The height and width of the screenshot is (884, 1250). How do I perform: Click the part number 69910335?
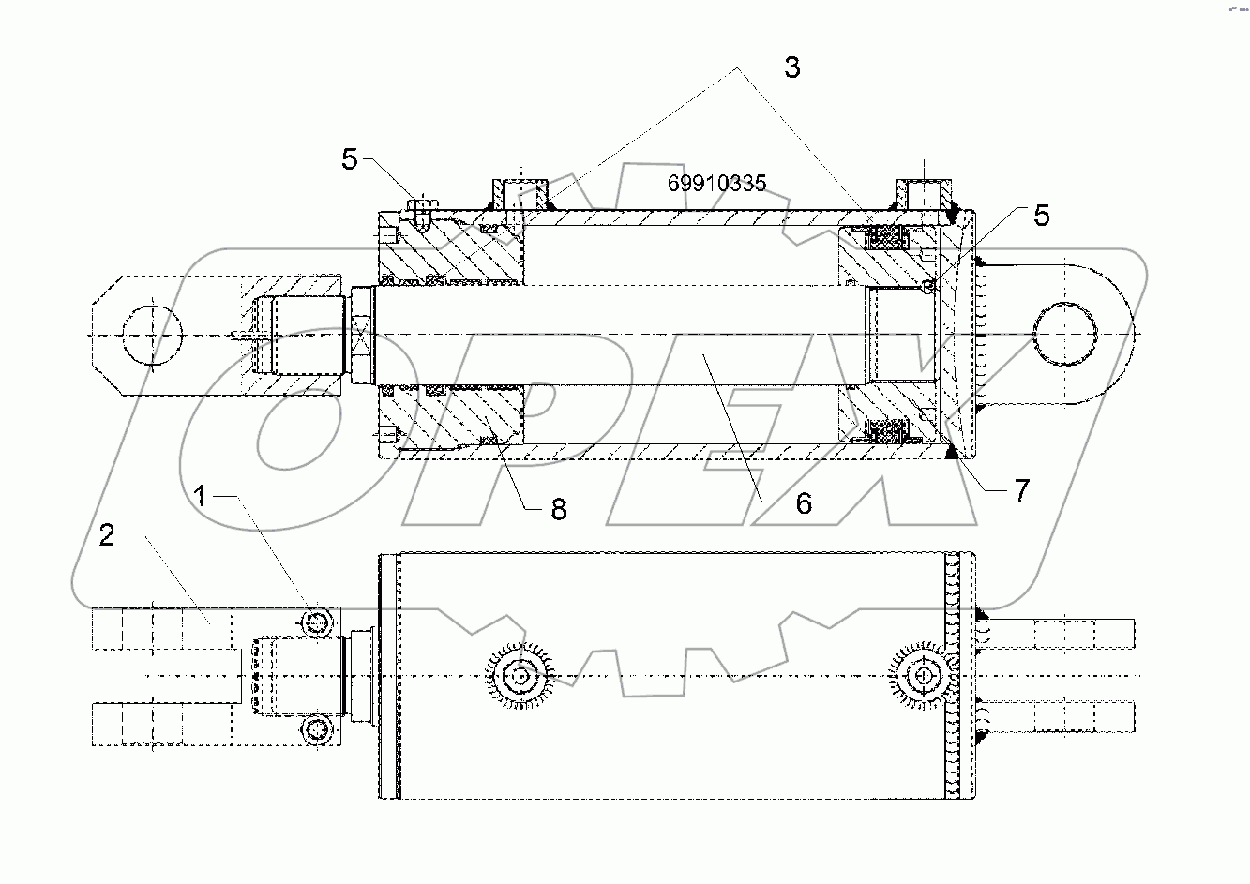pos(716,183)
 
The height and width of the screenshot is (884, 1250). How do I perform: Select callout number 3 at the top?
pos(792,67)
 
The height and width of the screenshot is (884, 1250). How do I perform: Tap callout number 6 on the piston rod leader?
pos(803,503)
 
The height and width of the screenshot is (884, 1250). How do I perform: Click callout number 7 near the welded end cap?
pos(1020,489)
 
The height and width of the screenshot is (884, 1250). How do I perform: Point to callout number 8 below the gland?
pos(558,509)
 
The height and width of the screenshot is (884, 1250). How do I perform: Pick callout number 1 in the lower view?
pos(201,494)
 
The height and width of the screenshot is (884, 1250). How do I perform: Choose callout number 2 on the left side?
pos(107,535)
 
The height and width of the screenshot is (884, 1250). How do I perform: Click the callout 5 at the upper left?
pos(350,159)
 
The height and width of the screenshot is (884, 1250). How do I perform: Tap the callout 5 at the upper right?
pos(1041,216)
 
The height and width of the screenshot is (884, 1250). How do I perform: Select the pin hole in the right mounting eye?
pos(1064,335)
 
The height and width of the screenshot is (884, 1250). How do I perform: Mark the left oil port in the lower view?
pos(519,676)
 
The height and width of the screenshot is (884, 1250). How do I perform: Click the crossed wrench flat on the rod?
pos(363,336)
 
